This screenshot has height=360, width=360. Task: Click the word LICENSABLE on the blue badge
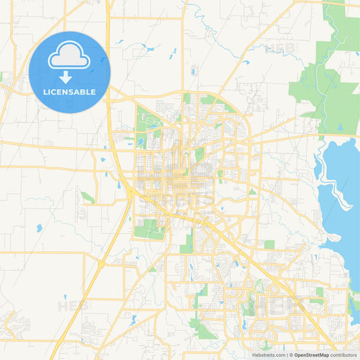point(69,92)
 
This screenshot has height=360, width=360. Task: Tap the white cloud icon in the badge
point(69,56)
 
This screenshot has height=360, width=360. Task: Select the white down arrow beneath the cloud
point(69,76)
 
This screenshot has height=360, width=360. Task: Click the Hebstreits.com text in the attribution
point(269,355)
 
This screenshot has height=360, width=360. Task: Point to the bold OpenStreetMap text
point(311,355)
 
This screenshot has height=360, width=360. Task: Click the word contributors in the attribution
point(344,355)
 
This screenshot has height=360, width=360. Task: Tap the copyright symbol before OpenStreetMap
point(291,355)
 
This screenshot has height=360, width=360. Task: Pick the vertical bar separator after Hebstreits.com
point(287,355)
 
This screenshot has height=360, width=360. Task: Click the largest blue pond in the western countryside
point(39,228)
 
